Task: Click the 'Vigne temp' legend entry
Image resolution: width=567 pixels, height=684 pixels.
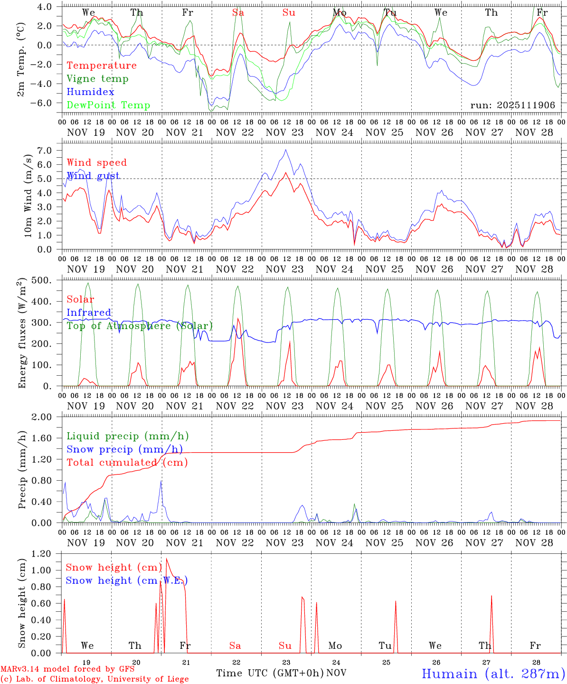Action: coord(97,79)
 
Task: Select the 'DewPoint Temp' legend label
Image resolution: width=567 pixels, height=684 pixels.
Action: coord(108,105)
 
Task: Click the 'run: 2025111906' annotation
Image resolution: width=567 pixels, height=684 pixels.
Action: coord(512,105)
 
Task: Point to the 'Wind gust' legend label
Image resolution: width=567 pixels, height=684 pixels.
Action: coord(93,176)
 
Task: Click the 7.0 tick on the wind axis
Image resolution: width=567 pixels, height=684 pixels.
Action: coord(50,151)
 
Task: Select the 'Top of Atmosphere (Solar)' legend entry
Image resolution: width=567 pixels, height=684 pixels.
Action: coord(140,326)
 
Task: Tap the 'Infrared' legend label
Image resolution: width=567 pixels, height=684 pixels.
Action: coord(89,313)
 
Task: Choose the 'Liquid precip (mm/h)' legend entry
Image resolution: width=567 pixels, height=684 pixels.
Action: coord(128,436)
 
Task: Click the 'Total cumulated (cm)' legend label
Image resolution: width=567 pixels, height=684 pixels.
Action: coord(127,463)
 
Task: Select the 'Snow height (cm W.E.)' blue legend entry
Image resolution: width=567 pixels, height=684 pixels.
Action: coord(127,580)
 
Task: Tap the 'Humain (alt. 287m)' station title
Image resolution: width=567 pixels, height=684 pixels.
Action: coord(493,674)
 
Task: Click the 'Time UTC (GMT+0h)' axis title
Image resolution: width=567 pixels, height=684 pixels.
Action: coord(270,673)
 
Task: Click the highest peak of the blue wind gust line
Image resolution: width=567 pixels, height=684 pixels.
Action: coord(285,150)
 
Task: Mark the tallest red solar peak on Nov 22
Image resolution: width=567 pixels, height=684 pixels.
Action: coord(238,318)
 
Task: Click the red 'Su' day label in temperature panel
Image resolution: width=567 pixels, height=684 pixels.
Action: coord(289,13)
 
